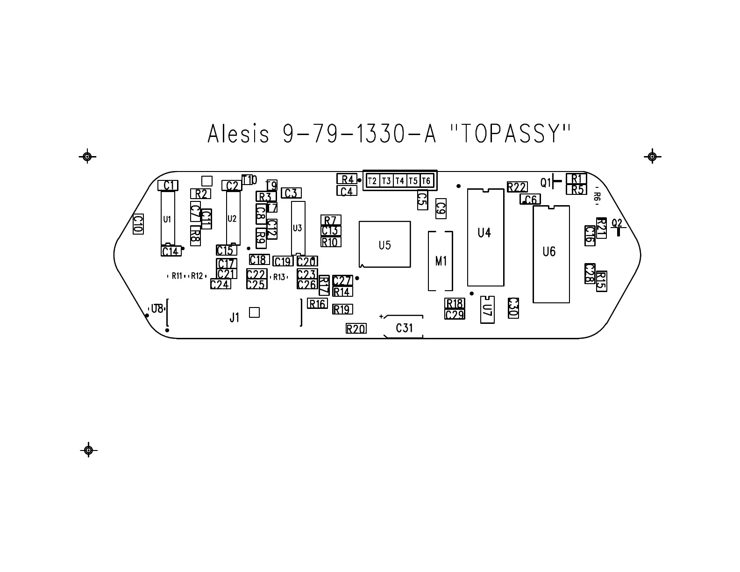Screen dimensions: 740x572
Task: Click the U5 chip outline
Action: coord(384,244)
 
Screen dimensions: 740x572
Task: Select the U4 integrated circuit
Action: coord(485,237)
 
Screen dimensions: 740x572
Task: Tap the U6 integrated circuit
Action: coord(551,254)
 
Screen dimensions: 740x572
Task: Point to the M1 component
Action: coord(441,261)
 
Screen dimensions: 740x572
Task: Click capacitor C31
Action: coord(404,328)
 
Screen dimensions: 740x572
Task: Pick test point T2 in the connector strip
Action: coord(372,180)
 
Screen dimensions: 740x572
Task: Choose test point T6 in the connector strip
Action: coord(426,180)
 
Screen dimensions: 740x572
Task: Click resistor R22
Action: coord(517,187)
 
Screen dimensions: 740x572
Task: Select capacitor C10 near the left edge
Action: coord(138,224)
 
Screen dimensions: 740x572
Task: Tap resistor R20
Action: coord(356,329)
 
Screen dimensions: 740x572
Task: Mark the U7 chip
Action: coord(487,309)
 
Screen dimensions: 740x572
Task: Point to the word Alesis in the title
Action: coord(238,134)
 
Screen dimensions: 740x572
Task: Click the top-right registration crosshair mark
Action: coord(652,157)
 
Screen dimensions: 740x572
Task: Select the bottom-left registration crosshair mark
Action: coord(88,450)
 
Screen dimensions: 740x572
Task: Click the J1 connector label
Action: coord(235,318)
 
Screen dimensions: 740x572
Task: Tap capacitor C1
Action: coord(168,186)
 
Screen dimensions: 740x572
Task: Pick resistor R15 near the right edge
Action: coord(601,281)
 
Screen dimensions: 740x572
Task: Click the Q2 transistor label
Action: coord(617,223)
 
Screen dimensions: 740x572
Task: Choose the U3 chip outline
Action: coord(298,228)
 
